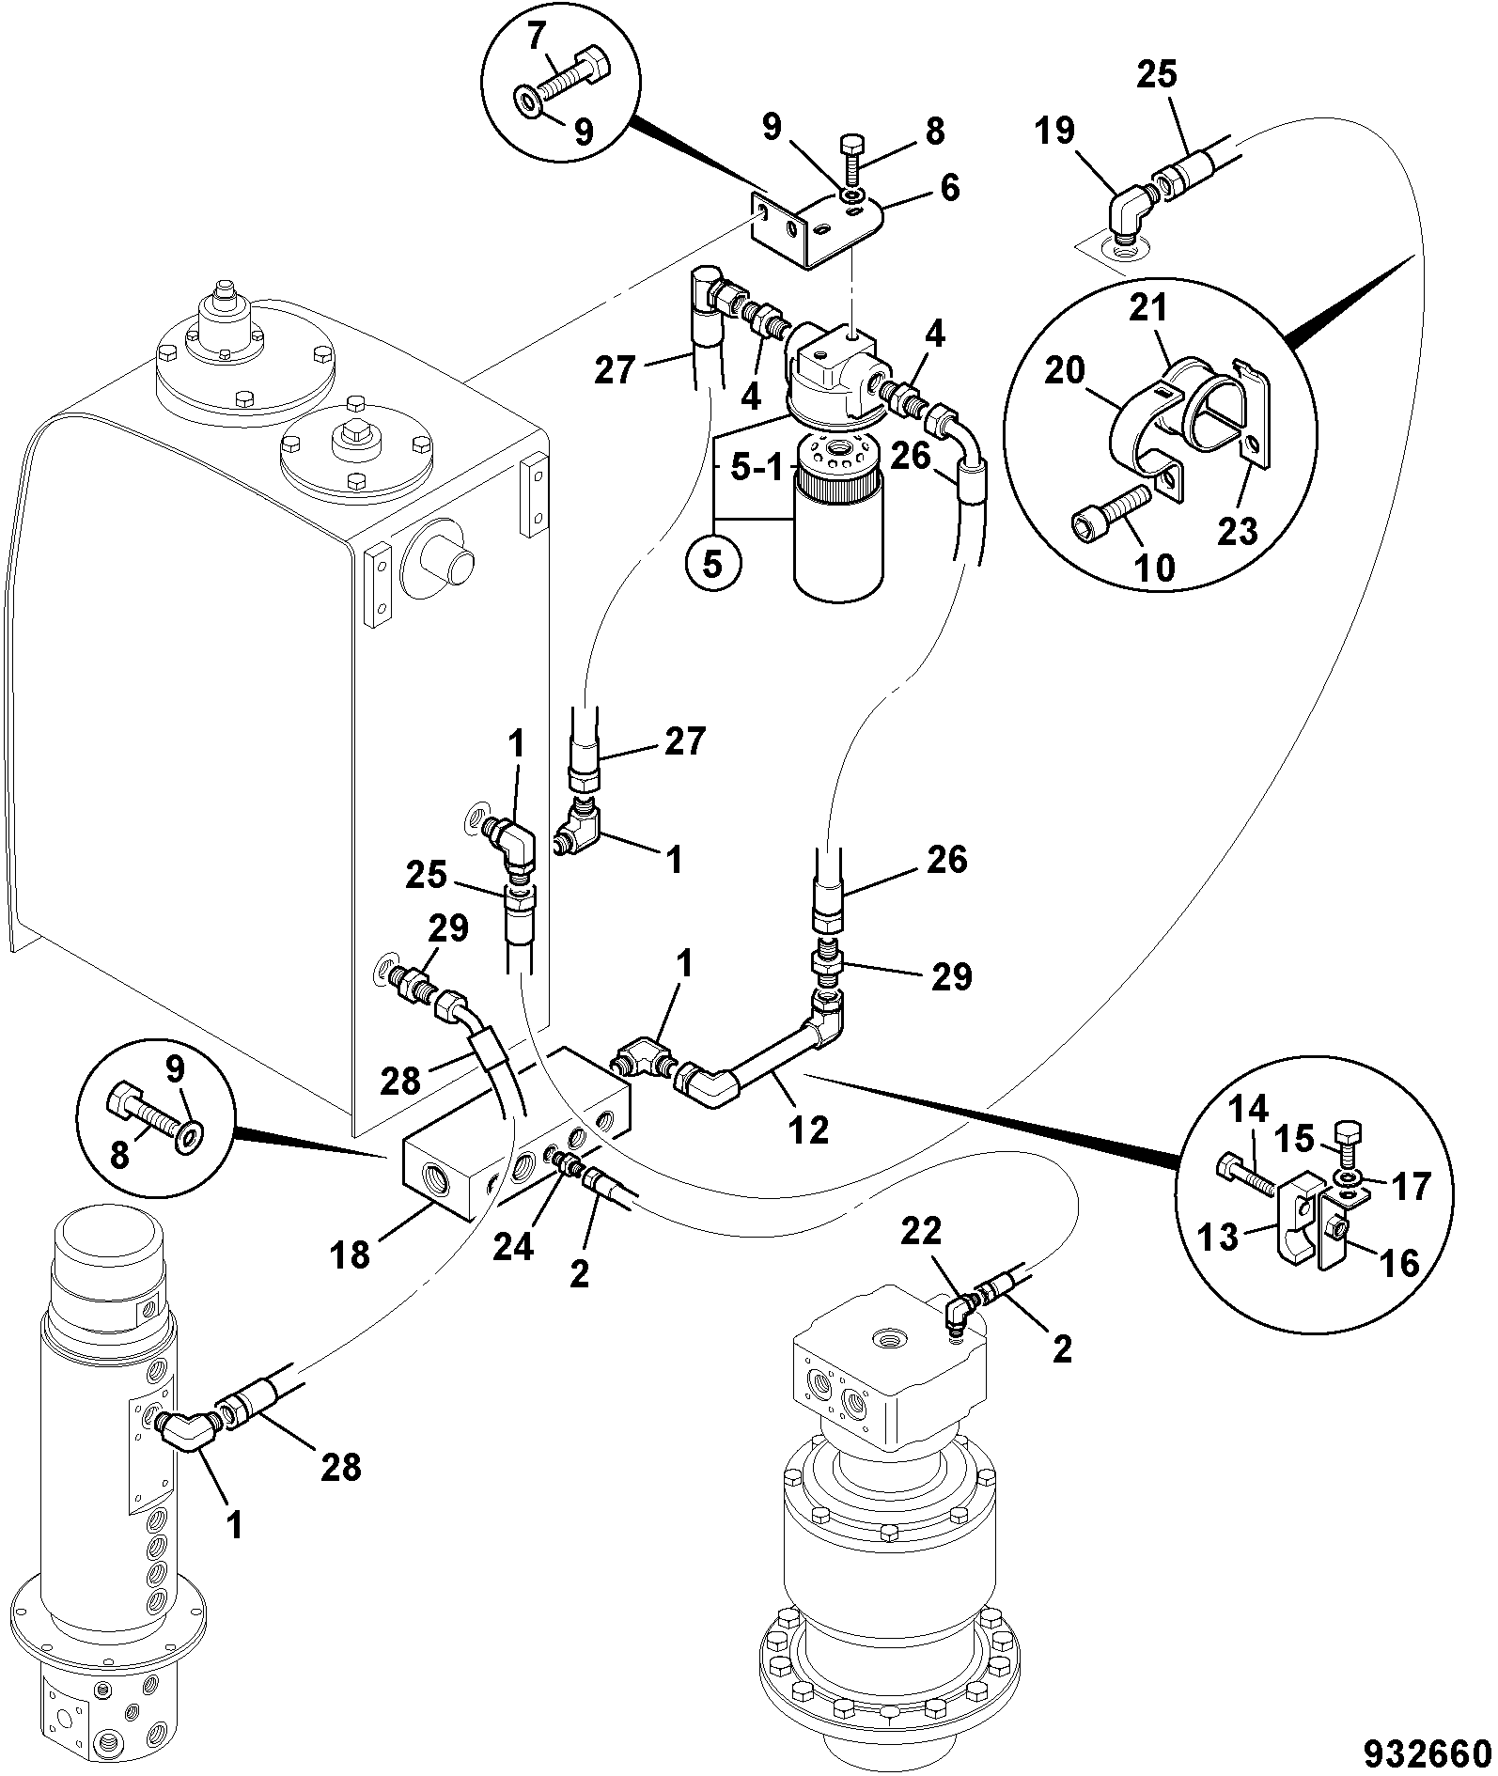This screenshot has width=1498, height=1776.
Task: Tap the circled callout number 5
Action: click(713, 565)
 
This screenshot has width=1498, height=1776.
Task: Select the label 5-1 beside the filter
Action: click(757, 468)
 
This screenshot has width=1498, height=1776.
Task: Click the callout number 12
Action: click(809, 1129)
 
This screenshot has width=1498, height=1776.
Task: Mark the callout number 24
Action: click(514, 1247)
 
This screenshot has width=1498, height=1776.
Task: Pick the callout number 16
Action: click(1397, 1263)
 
